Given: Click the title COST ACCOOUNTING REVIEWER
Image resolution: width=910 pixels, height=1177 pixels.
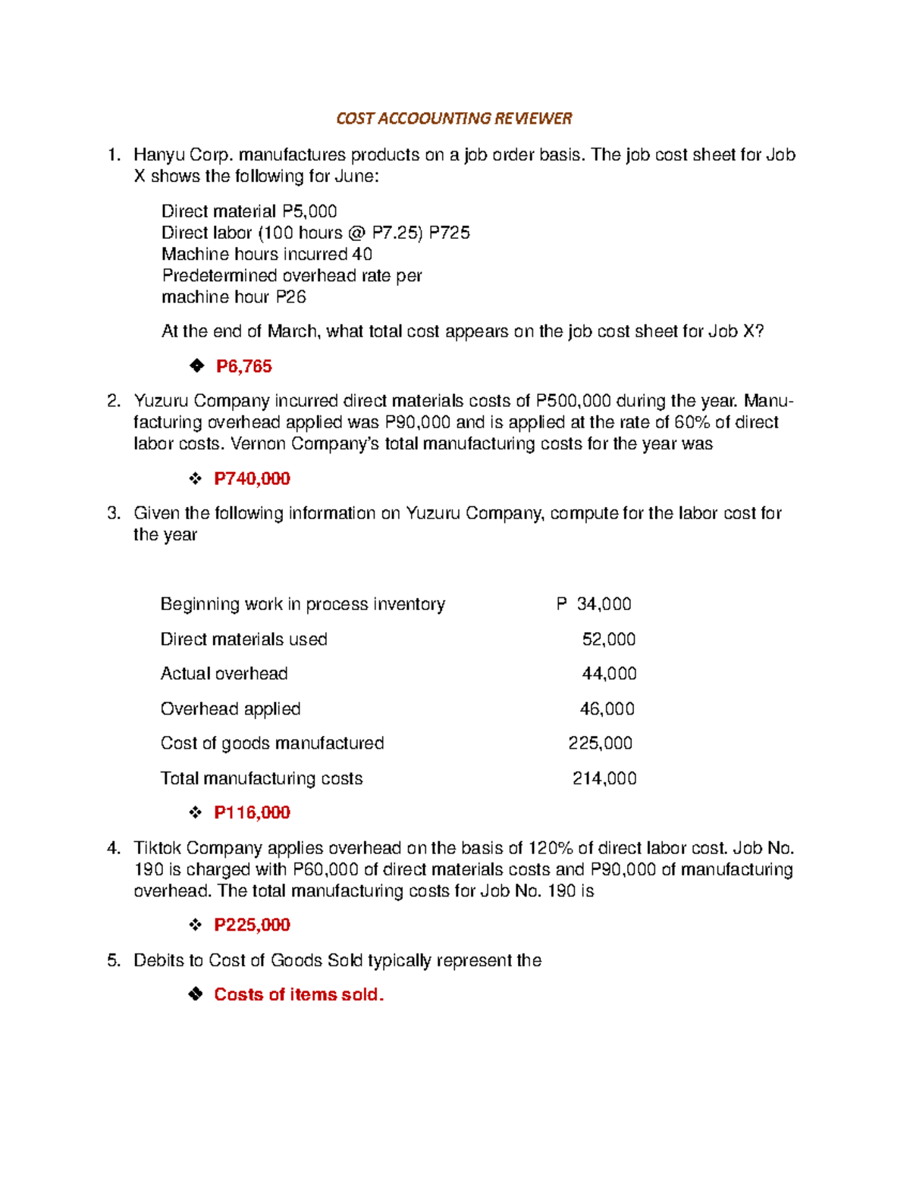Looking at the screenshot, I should tap(453, 118).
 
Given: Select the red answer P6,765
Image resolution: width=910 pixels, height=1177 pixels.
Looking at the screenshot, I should tap(243, 367).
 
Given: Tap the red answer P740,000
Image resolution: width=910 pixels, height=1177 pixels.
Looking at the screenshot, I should tap(252, 479).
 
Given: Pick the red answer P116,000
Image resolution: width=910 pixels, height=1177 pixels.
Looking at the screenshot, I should tap(252, 813).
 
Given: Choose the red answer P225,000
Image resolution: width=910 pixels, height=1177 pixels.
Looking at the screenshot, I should tap(252, 925).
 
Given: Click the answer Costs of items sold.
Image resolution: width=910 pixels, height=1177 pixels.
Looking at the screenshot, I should tap(298, 995).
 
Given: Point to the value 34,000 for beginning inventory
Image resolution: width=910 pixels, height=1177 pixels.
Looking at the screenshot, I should tap(604, 604).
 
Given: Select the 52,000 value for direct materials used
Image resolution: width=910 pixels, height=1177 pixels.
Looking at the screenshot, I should tap(608, 640).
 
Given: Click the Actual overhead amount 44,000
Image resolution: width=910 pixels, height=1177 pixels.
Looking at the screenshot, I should tap(608, 674).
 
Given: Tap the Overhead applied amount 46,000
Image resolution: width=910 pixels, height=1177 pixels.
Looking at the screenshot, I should tap(607, 709).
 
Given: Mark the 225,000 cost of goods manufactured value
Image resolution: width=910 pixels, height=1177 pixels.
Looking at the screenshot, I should tap(600, 743).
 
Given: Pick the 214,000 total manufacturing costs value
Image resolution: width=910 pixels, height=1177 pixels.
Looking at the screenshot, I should tap(604, 779).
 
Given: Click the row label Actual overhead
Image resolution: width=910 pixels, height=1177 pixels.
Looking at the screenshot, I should tap(224, 674).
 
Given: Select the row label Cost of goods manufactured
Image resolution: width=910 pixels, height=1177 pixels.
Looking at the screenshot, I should tap(271, 743).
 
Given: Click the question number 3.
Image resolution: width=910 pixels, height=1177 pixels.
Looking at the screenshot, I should tap(113, 514).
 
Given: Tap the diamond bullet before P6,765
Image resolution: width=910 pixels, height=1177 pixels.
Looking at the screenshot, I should tap(196, 367).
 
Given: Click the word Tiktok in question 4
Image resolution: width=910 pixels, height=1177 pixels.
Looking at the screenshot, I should tap(157, 848).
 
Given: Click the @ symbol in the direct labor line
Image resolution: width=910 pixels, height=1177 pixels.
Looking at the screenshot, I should tap(358, 233).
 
